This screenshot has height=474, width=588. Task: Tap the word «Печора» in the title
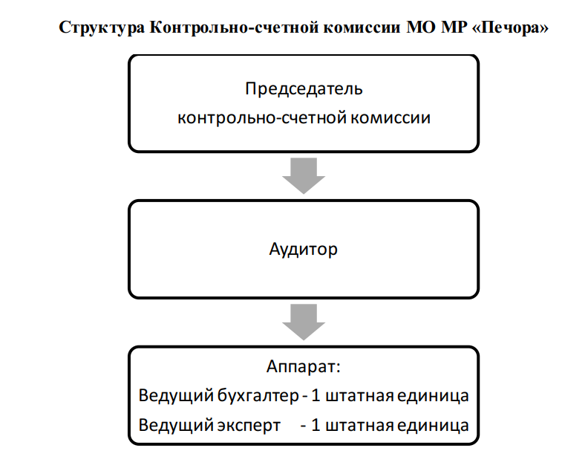point(510,27)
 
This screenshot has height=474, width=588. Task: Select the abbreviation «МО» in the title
point(421,27)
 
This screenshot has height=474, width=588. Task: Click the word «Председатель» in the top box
point(304,90)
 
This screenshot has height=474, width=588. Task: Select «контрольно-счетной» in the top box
point(262,118)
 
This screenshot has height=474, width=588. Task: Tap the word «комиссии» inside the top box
point(391,118)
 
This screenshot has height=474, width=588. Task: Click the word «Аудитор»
point(304,250)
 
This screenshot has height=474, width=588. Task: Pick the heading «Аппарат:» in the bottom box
point(304,367)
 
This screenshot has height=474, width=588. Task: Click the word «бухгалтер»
point(258,396)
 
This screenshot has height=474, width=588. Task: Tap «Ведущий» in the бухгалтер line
point(176,396)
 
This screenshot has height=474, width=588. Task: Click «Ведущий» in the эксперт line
point(176,426)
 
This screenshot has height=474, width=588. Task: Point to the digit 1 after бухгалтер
point(316,395)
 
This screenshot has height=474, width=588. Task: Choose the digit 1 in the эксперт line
point(316,425)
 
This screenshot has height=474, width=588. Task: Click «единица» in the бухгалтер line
point(433,396)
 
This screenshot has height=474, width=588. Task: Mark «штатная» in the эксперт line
point(359,426)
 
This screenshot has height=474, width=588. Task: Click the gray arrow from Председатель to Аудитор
point(304,175)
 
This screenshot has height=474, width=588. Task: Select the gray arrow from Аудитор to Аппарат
point(304,322)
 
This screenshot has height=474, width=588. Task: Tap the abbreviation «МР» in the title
point(454,27)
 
